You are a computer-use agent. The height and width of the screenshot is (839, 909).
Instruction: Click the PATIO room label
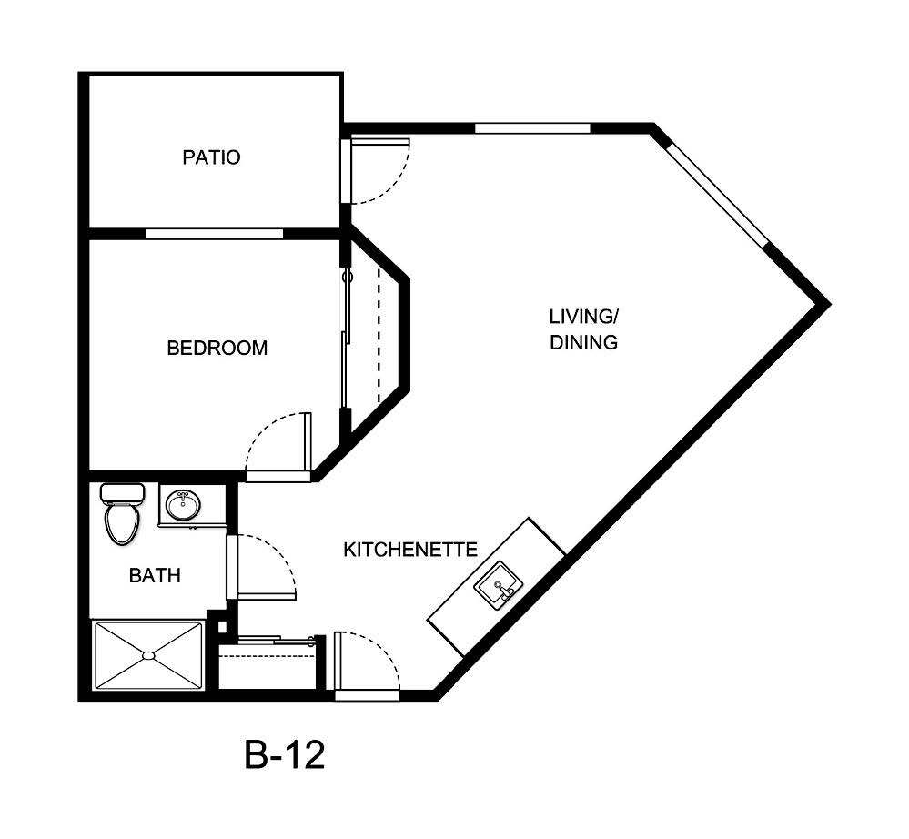(211, 157)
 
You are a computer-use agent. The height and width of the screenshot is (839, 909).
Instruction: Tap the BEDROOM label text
(217, 348)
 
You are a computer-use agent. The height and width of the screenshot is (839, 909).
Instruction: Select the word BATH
(155, 575)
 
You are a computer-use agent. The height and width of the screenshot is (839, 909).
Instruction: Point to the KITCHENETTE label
(410, 550)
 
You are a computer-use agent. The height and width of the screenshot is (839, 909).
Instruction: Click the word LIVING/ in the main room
(583, 317)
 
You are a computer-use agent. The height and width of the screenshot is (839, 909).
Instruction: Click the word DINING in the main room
(583, 343)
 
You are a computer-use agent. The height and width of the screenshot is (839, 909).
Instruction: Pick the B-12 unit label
(284, 755)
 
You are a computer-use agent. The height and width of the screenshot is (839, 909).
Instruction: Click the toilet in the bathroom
(122, 521)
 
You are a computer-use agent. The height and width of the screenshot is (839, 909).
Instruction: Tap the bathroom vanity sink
(184, 503)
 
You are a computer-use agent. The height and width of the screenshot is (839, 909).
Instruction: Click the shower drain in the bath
(147, 654)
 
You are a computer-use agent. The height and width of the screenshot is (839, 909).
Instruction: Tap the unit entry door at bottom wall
(367, 695)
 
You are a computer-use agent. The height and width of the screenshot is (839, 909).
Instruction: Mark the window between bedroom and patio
(214, 234)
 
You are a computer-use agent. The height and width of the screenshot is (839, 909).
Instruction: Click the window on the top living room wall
(532, 128)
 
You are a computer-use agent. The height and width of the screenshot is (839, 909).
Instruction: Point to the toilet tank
(123, 493)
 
